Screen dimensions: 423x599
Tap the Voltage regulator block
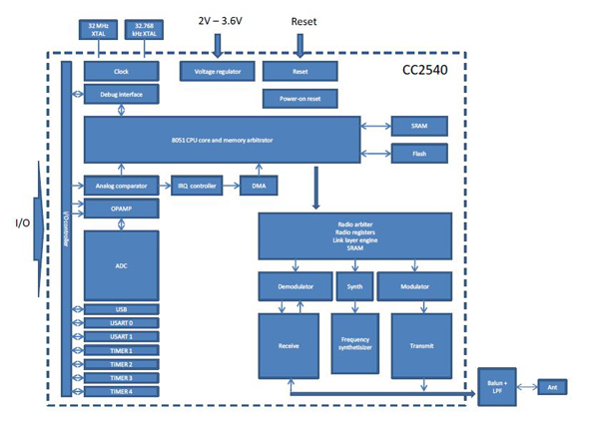[x=217, y=72]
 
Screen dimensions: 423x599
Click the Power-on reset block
[x=299, y=99]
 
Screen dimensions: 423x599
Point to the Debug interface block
[x=121, y=95]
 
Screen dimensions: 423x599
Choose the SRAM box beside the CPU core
[x=417, y=126]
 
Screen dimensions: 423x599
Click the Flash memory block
[x=417, y=154]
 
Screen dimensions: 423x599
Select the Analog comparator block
[x=121, y=186]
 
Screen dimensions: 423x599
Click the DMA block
[x=258, y=186]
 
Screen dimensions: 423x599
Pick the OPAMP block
[x=121, y=210]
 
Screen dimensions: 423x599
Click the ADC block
[x=121, y=265]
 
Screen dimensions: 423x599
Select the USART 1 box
[x=121, y=337]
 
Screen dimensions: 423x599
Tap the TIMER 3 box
[x=121, y=378]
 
